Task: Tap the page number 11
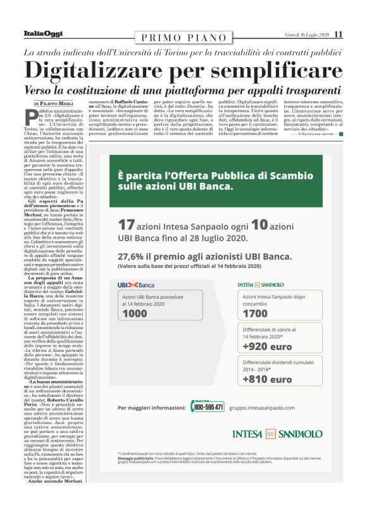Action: click(338, 34)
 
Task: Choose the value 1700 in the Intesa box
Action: click(255, 313)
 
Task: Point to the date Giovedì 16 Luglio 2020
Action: click(308, 34)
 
